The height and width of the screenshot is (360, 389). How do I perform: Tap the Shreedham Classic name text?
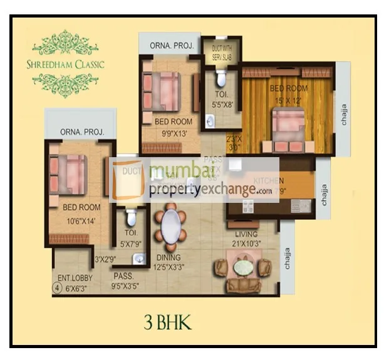70,64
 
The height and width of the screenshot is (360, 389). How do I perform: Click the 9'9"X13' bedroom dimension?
174,133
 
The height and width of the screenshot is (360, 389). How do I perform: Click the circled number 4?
57,289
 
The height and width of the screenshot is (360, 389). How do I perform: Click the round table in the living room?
242,268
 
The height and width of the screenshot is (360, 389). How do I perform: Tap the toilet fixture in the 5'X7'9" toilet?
131,218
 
